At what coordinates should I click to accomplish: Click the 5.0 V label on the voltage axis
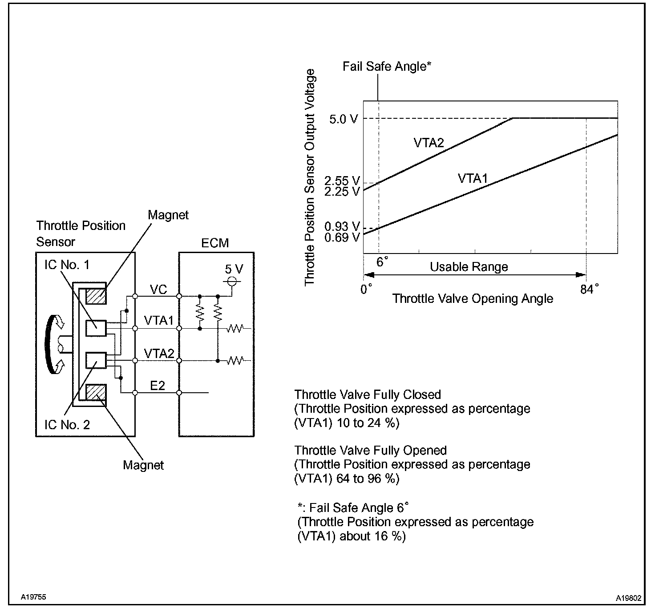click(344, 119)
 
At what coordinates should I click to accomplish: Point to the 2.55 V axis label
click(342, 181)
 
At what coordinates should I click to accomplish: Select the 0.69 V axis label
click(342, 237)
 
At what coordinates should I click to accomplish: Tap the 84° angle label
click(590, 289)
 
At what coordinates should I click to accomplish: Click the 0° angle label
click(366, 289)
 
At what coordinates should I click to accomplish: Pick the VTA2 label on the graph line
click(429, 142)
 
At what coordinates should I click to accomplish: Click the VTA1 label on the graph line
click(473, 178)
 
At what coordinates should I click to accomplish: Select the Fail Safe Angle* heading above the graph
click(387, 66)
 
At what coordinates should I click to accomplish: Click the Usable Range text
click(469, 266)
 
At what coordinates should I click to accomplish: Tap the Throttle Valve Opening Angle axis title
click(473, 298)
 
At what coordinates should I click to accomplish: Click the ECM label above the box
click(215, 243)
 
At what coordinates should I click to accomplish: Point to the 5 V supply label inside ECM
click(234, 269)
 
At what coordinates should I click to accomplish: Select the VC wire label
click(159, 290)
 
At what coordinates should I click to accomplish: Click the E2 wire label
click(158, 386)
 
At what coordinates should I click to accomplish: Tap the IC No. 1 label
click(67, 265)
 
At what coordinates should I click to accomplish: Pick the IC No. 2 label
click(67, 425)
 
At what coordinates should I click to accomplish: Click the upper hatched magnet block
click(96, 296)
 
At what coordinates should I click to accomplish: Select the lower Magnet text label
click(143, 465)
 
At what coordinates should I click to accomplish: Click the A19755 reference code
click(33, 597)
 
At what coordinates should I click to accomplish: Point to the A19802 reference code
click(629, 598)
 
